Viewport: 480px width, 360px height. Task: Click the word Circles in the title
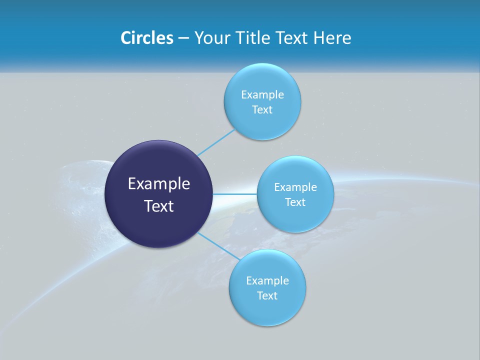(146, 38)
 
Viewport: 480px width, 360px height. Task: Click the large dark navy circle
(158, 225)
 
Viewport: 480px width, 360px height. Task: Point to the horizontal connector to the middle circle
(235, 193)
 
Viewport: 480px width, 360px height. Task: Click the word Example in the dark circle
(159, 184)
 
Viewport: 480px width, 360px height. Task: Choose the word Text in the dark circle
(159, 206)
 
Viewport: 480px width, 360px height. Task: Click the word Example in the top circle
(262, 95)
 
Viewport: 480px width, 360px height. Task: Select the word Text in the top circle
(262, 110)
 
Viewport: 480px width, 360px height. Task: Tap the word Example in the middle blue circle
(295, 187)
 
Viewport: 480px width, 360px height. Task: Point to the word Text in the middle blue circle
(295, 202)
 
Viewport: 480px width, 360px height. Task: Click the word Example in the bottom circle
(267, 281)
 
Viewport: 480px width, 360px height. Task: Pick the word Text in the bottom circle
(267, 296)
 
